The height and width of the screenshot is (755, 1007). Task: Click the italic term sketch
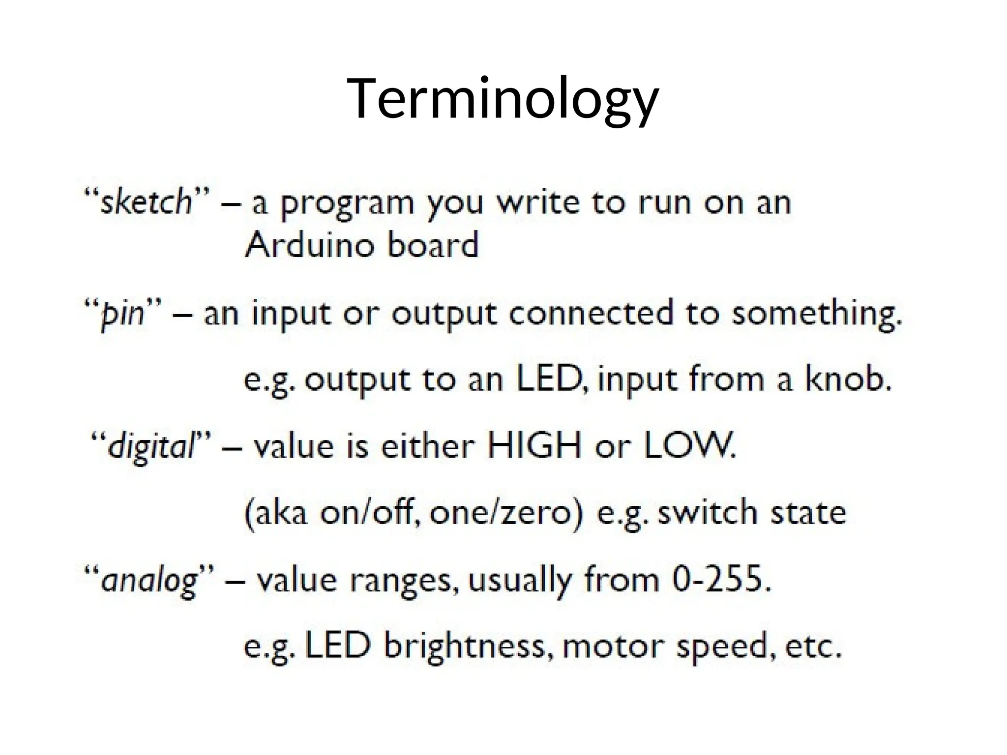tap(146, 202)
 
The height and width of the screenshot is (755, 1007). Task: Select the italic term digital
tap(151, 447)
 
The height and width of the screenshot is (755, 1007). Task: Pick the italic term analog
tap(149, 581)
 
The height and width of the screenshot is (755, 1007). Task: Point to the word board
tap(433, 245)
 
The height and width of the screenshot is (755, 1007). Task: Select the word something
tap(816, 315)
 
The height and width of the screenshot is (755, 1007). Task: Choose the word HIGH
tap(534, 446)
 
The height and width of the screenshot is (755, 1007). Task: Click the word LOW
tap(688, 446)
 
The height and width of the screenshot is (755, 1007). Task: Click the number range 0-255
tap(720, 581)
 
